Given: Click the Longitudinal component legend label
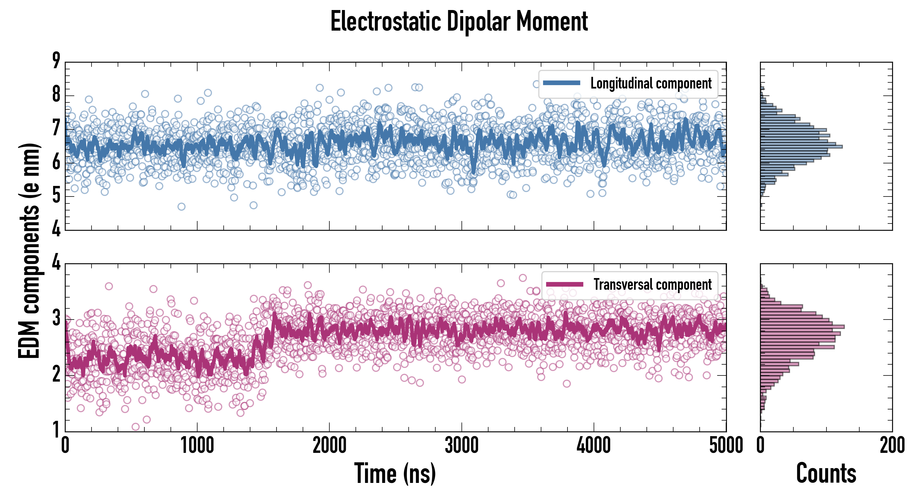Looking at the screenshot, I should [651, 83].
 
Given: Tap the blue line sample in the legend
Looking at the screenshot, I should [562, 83].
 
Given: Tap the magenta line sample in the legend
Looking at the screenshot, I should [564, 284].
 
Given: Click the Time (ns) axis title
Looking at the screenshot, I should [395, 473].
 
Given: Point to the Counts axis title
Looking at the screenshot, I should [826, 473].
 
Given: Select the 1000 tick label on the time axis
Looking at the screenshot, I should [197, 446].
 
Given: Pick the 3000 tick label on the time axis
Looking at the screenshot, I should [462, 446].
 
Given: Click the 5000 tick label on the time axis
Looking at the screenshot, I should [726, 446].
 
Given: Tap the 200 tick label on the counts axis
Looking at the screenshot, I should [892, 446].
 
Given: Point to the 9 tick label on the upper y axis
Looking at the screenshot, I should [56, 61].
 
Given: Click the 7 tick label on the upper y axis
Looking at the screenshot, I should [56, 128].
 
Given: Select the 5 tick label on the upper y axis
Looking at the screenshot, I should [56, 195].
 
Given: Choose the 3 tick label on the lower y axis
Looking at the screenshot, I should [56, 318].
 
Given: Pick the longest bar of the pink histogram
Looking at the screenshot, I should [802, 327].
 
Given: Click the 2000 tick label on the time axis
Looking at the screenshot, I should [329, 446].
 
